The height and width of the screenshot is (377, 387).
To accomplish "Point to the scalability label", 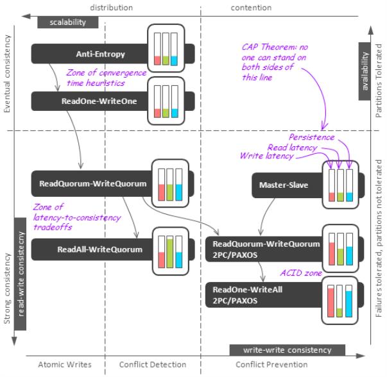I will click(x=67, y=22).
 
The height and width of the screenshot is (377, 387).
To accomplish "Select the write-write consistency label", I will click(x=287, y=350).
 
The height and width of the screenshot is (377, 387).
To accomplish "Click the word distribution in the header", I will click(x=111, y=7).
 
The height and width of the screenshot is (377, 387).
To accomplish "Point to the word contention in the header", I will click(x=251, y=7).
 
